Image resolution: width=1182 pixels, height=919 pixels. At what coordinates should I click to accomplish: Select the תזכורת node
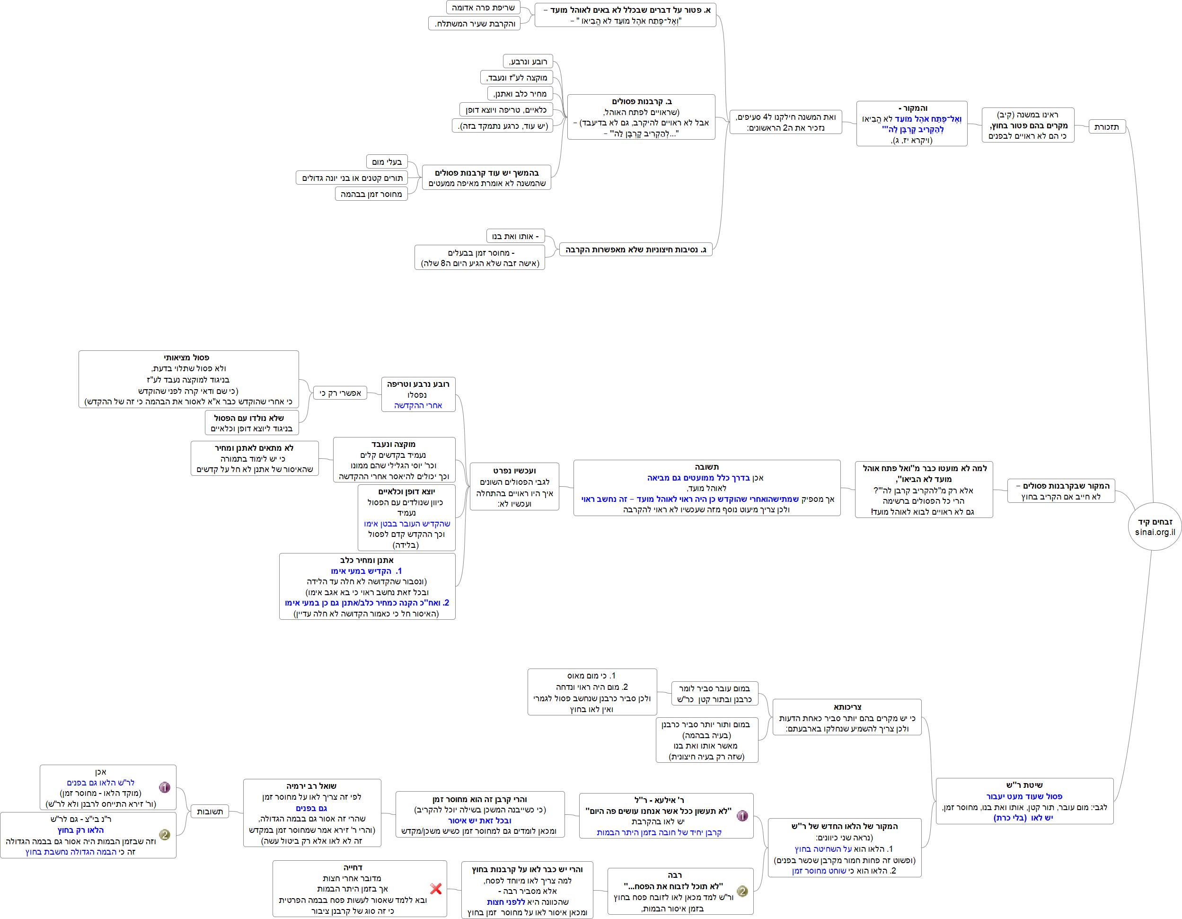pyautogui.click(x=1106, y=127)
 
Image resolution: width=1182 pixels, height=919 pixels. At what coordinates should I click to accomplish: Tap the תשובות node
pyautogui.click(x=210, y=811)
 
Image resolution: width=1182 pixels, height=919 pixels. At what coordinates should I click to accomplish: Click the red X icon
pyautogui.click(x=436, y=888)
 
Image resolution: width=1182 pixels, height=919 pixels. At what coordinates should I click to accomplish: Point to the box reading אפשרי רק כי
pyautogui.click(x=340, y=393)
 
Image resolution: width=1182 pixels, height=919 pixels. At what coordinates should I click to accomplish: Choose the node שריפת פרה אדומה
pyautogui.click(x=483, y=8)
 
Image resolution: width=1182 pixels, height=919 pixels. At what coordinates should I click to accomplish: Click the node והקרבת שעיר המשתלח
pyautogui.click(x=475, y=23)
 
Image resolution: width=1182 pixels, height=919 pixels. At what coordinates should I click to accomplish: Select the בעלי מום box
pyautogui.click(x=387, y=161)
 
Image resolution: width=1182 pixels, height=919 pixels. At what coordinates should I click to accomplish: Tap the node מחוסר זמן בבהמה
pyautogui.click(x=371, y=194)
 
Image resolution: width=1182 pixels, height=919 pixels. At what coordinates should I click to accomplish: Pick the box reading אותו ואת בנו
pyautogui.click(x=515, y=236)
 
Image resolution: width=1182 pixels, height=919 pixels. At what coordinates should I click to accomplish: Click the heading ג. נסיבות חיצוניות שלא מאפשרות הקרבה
pyautogui.click(x=635, y=250)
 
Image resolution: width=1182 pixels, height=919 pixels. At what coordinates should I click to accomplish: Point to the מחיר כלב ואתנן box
pyautogui.click(x=520, y=93)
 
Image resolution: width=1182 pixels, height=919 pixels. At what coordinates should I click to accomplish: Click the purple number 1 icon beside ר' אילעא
pyautogui.click(x=742, y=816)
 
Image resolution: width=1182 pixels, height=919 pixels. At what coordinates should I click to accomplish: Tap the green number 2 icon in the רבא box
pyautogui.click(x=742, y=891)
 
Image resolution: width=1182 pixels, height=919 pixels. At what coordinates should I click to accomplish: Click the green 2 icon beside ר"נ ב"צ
pyautogui.click(x=165, y=835)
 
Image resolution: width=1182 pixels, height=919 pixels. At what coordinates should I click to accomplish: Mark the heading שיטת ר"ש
pyautogui.click(x=1024, y=785)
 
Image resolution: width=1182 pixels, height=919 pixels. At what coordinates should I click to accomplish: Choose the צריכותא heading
pyautogui.click(x=847, y=707)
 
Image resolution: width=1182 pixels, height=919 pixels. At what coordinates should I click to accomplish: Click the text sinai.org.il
pyautogui.click(x=1155, y=532)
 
